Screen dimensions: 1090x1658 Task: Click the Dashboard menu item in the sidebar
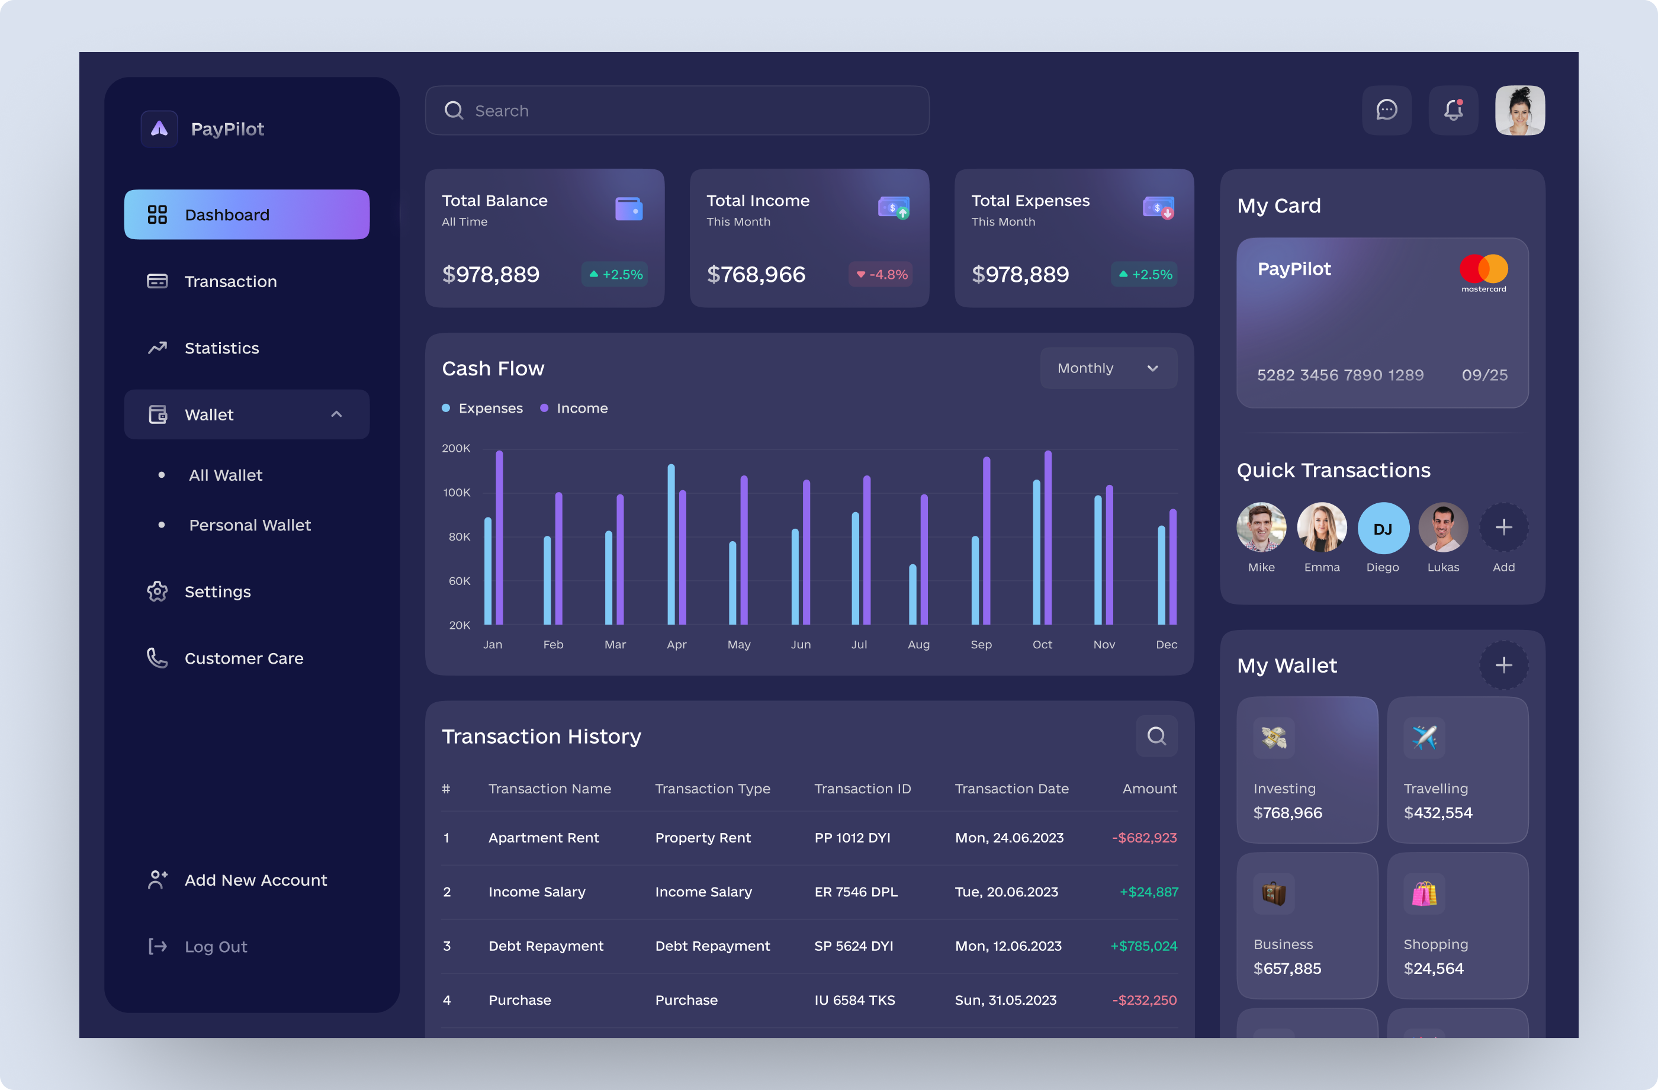pyautogui.click(x=246, y=214)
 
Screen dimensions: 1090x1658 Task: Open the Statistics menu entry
pyautogui.click(x=221, y=348)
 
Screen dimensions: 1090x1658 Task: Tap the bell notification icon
pyautogui.click(x=1453, y=110)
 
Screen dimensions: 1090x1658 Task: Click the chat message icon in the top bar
pyautogui.click(x=1386, y=110)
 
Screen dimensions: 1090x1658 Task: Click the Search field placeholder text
pyautogui.click(x=502, y=111)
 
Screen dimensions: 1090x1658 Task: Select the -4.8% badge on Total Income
pyautogui.click(x=881, y=274)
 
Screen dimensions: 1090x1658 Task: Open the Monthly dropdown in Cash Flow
pyautogui.click(x=1108, y=368)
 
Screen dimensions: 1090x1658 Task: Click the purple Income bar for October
pyautogui.click(x=1048, y=538)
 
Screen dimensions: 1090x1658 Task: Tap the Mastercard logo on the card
pyautogui.click(x=1483, y=272)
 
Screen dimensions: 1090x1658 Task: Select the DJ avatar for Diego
pyautogui.click(x=1382, y=528)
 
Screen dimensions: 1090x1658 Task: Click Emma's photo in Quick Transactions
pyautogui.click(x=1322, y=528)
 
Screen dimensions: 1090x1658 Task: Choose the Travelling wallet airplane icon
pyautogui.click(x=1424, y=737)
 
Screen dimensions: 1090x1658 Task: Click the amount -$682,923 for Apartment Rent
pyautogui.click(x=1144, y=837)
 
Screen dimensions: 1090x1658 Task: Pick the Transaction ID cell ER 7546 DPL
pyautogui.click(x=856, y=892)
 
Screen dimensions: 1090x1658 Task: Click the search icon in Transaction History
pyautogui.click(x=1156, y=735)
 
